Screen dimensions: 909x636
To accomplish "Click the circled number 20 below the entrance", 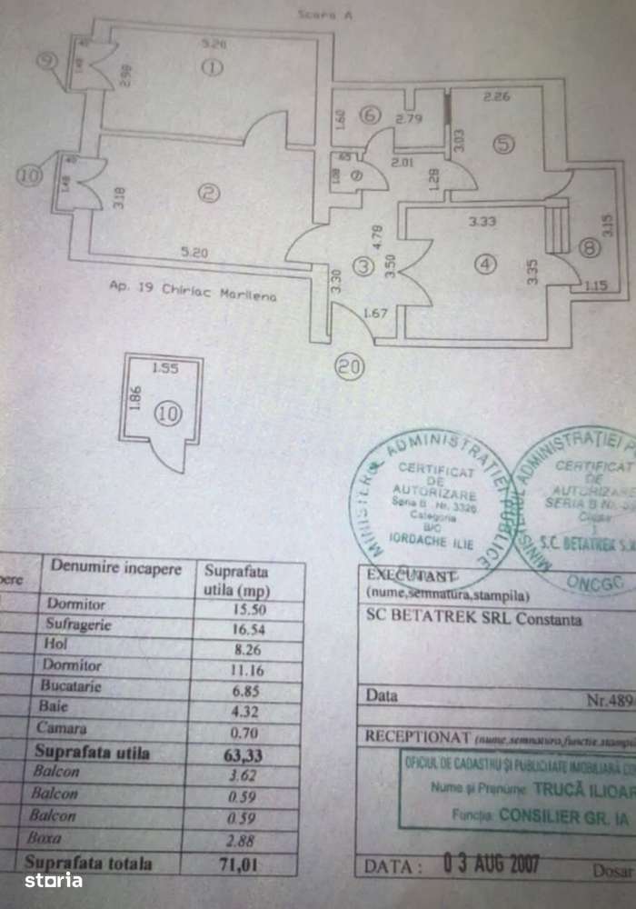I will coord(349,367).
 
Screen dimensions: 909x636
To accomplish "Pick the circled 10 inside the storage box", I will coord(168,414).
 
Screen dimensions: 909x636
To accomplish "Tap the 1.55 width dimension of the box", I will coord(165,369).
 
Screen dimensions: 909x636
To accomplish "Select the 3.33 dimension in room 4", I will coord(482,220).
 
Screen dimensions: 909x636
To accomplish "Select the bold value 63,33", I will coord(238,753).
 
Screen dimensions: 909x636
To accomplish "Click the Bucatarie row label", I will coord(76,686).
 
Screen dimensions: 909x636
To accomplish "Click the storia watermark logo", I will coord(53,880).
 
